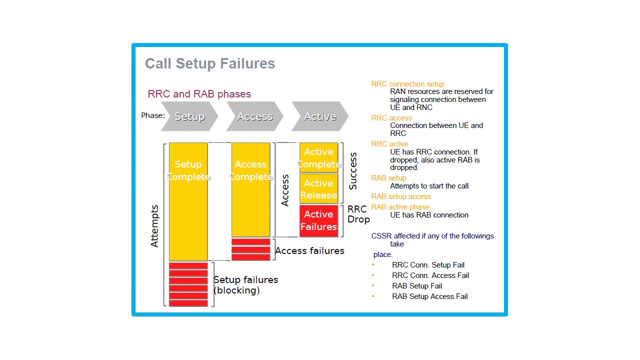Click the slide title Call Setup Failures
tap(210, 64)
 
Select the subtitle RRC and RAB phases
tap(199, 94)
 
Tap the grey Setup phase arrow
tap(189, 116)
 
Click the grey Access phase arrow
tap(254, 116)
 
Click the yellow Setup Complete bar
tap(188, 210)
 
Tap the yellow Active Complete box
tap(318, 157)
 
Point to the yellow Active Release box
tap(318, 189)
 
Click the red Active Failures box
tap(318, 220)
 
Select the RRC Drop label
tap(358, 214)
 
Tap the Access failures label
tap(309, 250)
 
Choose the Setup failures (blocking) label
tap(245, 285)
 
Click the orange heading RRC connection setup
tap(407, 84)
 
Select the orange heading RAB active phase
tap(400, 207)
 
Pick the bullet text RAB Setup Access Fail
tap(429, 296)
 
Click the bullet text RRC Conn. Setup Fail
tap(428, 265)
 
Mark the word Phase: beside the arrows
tap(153, 115)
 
